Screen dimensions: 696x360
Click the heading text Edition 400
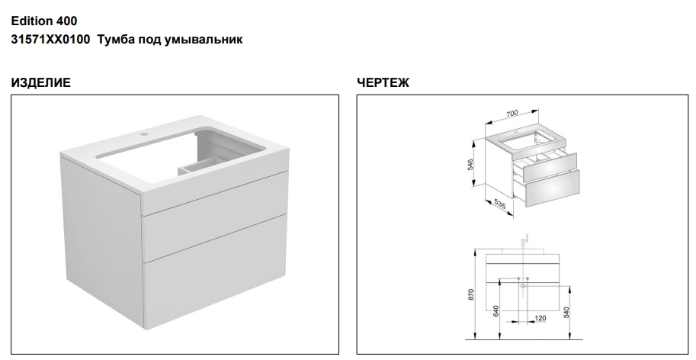44,21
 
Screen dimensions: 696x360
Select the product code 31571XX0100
50,39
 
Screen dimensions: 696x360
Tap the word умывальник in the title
204,40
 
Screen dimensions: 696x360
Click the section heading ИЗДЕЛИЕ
41,82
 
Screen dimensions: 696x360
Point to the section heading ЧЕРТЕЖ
383,82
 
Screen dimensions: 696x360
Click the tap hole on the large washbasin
144,133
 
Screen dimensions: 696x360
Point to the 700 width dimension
512,114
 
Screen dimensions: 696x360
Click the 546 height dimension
470,164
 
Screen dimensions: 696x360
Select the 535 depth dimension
500,204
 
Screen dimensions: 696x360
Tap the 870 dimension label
471,294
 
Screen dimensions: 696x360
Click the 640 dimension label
496,310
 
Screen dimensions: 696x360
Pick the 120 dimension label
540,318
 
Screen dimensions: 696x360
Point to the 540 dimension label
566,312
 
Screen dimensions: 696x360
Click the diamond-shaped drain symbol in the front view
523,286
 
